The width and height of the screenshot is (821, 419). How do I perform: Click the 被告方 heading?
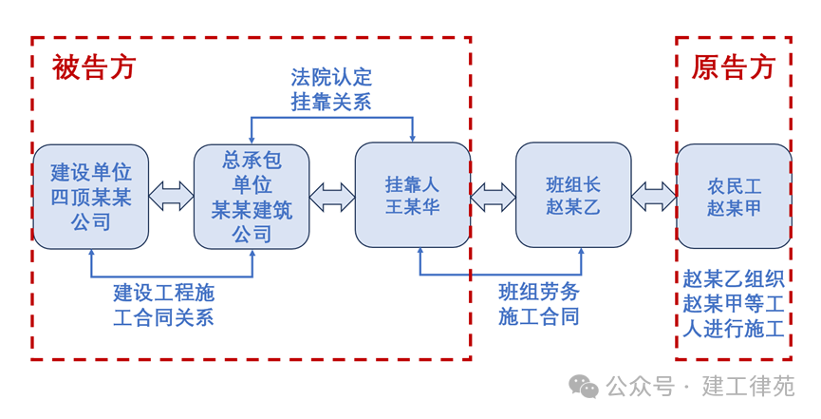point(94,67)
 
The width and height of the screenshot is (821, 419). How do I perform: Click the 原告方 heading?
point(733,67)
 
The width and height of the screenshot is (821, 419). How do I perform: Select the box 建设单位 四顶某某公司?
point(91,197)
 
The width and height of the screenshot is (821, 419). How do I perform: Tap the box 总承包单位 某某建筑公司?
point(252,197)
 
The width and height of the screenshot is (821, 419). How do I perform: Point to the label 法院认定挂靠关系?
point(331,89)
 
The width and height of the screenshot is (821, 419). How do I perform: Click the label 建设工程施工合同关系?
point(163,304)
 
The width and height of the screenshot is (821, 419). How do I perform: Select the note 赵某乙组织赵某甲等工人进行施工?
point(734,304)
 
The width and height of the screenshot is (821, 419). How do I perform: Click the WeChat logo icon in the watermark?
point(584,386)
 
